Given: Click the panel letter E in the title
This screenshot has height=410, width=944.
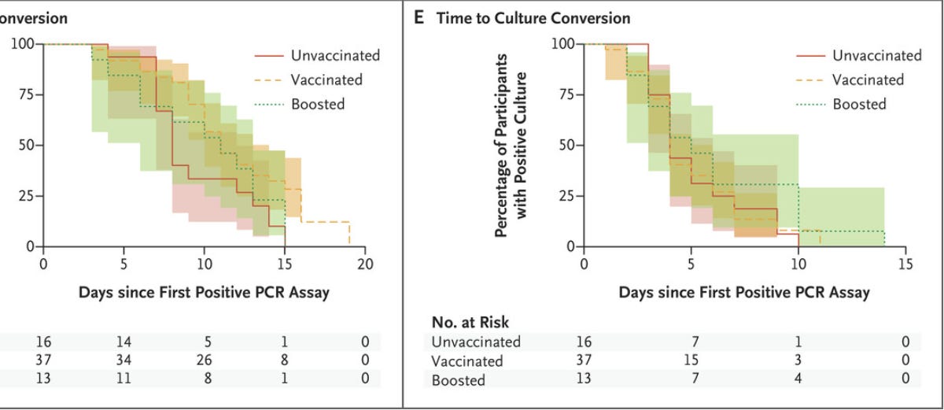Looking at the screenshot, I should (x=419, y=17).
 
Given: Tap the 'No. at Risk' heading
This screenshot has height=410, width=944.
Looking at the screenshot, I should (x=470, y=322).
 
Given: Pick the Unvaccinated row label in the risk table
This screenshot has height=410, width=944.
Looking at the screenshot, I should (x=476, y=342).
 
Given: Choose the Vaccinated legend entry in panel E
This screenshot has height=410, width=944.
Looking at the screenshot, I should (x=868, y=79).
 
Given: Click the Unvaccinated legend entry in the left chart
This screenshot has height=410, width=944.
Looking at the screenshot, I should (x=334, y=55).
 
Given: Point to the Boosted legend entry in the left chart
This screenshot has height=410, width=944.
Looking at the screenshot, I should (x=317, y=104).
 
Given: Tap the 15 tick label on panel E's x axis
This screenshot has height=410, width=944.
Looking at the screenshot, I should (x=905, y=263).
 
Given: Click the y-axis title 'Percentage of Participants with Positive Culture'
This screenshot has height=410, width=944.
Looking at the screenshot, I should (x=511, y=145).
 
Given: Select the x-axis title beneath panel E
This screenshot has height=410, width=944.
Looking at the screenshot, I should (x=744, y=293).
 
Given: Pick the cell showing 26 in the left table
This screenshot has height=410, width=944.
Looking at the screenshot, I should (x=204, y=360).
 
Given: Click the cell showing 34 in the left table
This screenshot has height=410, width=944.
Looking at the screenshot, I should (x=124, y=360).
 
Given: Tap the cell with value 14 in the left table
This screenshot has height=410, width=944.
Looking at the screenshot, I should (x=124, y=342).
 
